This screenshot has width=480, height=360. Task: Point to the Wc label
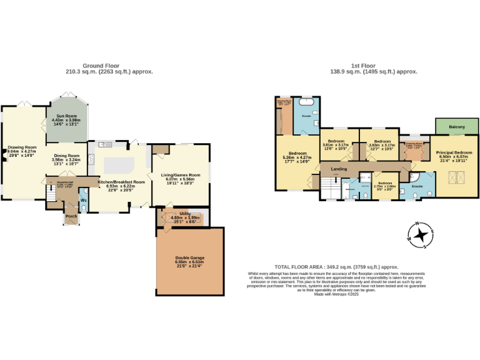(x=83, y=201)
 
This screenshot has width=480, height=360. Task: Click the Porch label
(x=71, y=216)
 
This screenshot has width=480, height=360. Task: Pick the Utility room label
(x=184, y=214)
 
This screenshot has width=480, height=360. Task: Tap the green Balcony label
(x=457, y=127)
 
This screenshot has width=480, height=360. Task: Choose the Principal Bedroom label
(x=454, y=152)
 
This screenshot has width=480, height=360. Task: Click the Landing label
(x=339, y=168)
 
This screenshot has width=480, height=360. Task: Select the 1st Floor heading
(x=363, y=66)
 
